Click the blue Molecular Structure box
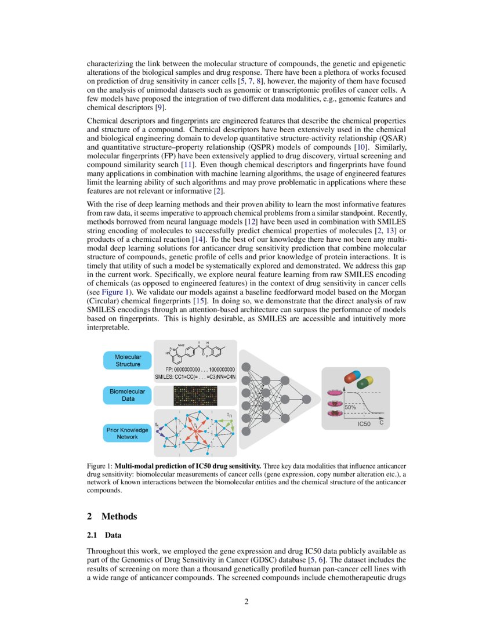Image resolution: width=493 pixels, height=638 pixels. (x=128, y=361)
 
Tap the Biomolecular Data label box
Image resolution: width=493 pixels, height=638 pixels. (x=128, y=396)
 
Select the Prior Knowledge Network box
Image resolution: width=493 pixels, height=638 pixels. (x=128, y=433)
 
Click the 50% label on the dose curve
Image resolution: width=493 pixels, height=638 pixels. (x=350, y=407)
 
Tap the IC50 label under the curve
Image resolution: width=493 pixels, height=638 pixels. (x=363, y=425)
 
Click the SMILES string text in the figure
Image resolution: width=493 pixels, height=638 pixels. (x=194, y=377)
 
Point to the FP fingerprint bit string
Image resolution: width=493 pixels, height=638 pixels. (x=200, y=369)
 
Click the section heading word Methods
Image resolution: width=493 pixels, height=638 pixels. (x=119, y=516)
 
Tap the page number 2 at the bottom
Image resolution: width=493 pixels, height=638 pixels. (x=246, y=601)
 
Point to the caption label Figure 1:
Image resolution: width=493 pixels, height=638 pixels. (x=99, y=466)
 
